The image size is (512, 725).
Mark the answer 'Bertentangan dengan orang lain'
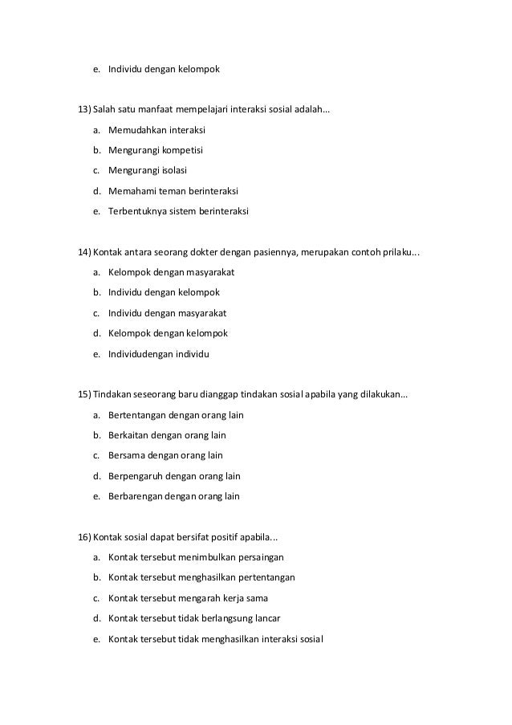click(x=176, y=415)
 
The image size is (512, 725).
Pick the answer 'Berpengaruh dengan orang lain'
click(x=174, y=476)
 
